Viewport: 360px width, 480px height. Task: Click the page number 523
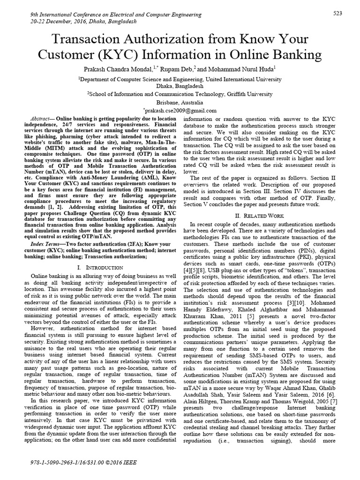tap(337, 13)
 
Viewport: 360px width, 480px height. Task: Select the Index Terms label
tap(44, 244)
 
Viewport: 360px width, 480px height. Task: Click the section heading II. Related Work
tap(261, 215)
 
